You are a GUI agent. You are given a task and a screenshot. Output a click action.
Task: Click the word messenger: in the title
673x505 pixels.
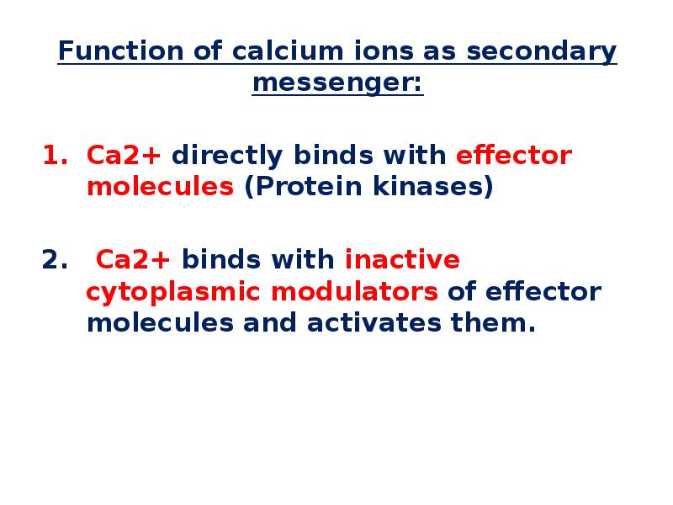[337, 83]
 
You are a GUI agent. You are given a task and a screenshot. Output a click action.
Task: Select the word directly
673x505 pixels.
[227, 156]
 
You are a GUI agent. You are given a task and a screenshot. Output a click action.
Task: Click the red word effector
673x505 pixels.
[513, 156]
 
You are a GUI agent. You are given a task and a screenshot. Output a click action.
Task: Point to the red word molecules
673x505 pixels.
[160, 187]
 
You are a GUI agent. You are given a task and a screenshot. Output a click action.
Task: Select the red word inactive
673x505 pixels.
[402, 260]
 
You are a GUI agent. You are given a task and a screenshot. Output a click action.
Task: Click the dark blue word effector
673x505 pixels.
[543, 291]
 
